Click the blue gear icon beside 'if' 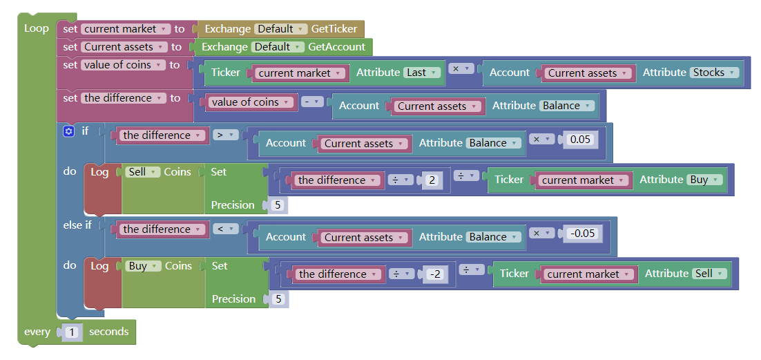point(68,131)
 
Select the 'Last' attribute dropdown point(422,73)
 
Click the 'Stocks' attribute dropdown point(714,73)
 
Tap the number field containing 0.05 point(579,139)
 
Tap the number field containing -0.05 point(582,233)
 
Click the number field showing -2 point(434,274)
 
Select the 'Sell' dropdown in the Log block point(143,172)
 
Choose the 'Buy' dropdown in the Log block point(143,266)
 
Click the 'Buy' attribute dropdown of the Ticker point(704,180)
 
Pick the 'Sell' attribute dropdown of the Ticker point(709,274)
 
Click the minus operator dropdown point(313,102)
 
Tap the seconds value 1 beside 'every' point(73,332)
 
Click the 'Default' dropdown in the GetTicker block point(280,29)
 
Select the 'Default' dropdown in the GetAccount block point(278,47)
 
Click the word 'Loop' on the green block point(37,28)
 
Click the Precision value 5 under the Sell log point(278,205)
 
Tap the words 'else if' point(77,225)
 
